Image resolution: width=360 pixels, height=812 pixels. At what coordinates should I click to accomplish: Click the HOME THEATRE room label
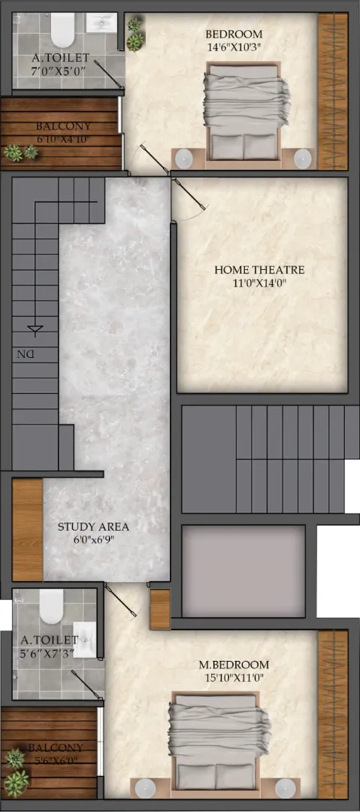259,270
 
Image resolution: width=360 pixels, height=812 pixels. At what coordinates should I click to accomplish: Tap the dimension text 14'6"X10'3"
234,46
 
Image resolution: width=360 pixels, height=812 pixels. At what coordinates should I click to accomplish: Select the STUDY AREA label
93,527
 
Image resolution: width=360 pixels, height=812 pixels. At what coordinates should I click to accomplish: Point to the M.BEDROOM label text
234,665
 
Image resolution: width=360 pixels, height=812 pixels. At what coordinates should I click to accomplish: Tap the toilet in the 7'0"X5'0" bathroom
63,29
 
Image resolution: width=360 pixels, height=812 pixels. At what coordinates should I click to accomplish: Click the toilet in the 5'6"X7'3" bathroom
51,607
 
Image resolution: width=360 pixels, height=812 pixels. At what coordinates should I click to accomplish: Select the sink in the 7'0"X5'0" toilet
101,23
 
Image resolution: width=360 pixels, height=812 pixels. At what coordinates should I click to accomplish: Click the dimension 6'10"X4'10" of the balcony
63,139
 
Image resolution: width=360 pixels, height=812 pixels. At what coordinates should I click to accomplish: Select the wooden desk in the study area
28,530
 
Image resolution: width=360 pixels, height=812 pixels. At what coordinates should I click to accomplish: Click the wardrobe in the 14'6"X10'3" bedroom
332,91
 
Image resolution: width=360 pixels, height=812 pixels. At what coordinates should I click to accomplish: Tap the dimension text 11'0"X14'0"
259,283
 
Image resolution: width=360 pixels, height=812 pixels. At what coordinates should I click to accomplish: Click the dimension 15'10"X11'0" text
234,677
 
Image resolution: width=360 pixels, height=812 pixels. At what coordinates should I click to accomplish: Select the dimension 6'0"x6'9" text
93,540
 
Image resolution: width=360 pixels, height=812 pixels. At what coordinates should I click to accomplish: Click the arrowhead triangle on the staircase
35,329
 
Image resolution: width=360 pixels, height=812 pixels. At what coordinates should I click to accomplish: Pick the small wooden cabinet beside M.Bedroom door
160,609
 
